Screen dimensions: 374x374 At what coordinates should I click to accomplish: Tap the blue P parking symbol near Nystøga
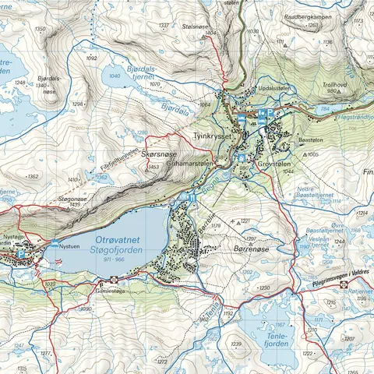(x=21, y=252)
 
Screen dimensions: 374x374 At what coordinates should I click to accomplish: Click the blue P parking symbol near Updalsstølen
(x=270, y=112)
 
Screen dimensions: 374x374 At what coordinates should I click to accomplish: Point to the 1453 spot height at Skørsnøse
(x=153, y=167)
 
